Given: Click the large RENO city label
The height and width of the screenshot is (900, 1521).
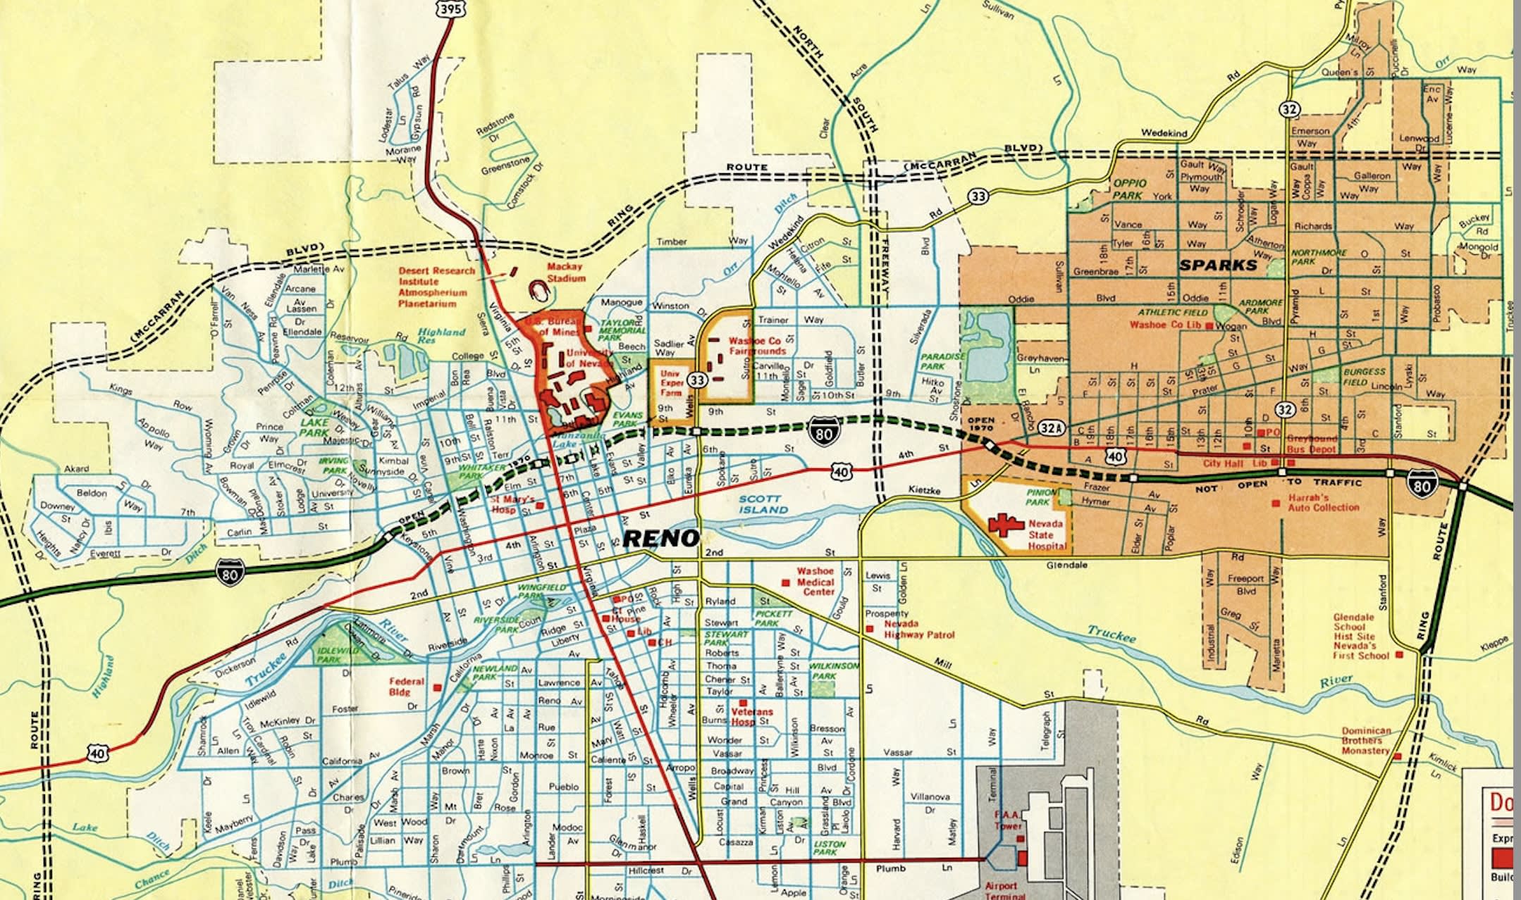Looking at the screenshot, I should (x=661, y=539).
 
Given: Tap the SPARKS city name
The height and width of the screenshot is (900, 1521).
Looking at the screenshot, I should (x=1217, y=265).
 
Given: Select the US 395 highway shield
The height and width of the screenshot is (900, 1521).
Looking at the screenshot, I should (x=450, y=8).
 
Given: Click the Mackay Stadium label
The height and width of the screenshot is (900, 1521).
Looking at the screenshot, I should (x=565, y=273).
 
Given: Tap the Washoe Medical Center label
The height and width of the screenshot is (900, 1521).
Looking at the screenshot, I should (x=815, y=582).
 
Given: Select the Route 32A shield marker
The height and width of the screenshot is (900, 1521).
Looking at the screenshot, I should (x=1050, y=427).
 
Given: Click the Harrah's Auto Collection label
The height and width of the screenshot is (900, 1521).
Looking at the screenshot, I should (x=1323, y=502).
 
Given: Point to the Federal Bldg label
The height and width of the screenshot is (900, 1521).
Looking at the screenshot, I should (x=407, y=687).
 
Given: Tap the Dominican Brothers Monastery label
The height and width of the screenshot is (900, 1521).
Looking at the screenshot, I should (x=1365, y=741).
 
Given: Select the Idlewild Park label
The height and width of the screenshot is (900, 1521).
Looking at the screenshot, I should (x=329, y=655).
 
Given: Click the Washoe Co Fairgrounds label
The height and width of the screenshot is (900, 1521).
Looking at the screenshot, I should (x=757, y=346).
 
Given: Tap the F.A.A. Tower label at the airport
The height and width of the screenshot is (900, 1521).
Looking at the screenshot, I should (x=1008, y=820).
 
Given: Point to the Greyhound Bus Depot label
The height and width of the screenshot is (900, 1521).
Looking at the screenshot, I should (x=1311, y=444).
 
